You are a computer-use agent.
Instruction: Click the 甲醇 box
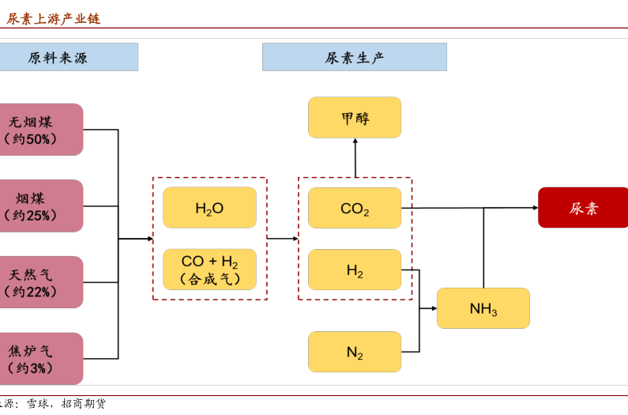tap(355, 118)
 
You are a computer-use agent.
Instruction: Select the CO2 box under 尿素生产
tap(355, 208)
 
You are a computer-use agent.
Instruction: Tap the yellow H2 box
tap(355, 270)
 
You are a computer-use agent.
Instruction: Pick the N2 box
tap(355, 352)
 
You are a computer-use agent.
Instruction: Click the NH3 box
tap(483, 308)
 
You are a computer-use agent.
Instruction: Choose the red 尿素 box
tap(583, 208)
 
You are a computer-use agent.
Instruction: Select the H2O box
tap(209, 208)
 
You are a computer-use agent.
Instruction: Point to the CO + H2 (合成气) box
tap(209, 270)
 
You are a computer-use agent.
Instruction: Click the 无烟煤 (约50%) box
tap(36, 130)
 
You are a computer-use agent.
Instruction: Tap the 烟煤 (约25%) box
tap(36, 206)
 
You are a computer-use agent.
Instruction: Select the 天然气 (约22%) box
tap(36, 282)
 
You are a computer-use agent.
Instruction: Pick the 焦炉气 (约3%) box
tap(36, 359)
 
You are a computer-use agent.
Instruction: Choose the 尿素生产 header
tap(354, 57)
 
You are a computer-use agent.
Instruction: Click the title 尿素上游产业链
tap(54, 18)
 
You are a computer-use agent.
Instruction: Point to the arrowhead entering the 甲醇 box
tap(355, 141)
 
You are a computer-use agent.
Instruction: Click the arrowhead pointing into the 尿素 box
tap(535, 208)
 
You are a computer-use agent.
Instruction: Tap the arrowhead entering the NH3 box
tap(434, 308)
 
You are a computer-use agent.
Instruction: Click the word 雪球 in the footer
tap(38, 404)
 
